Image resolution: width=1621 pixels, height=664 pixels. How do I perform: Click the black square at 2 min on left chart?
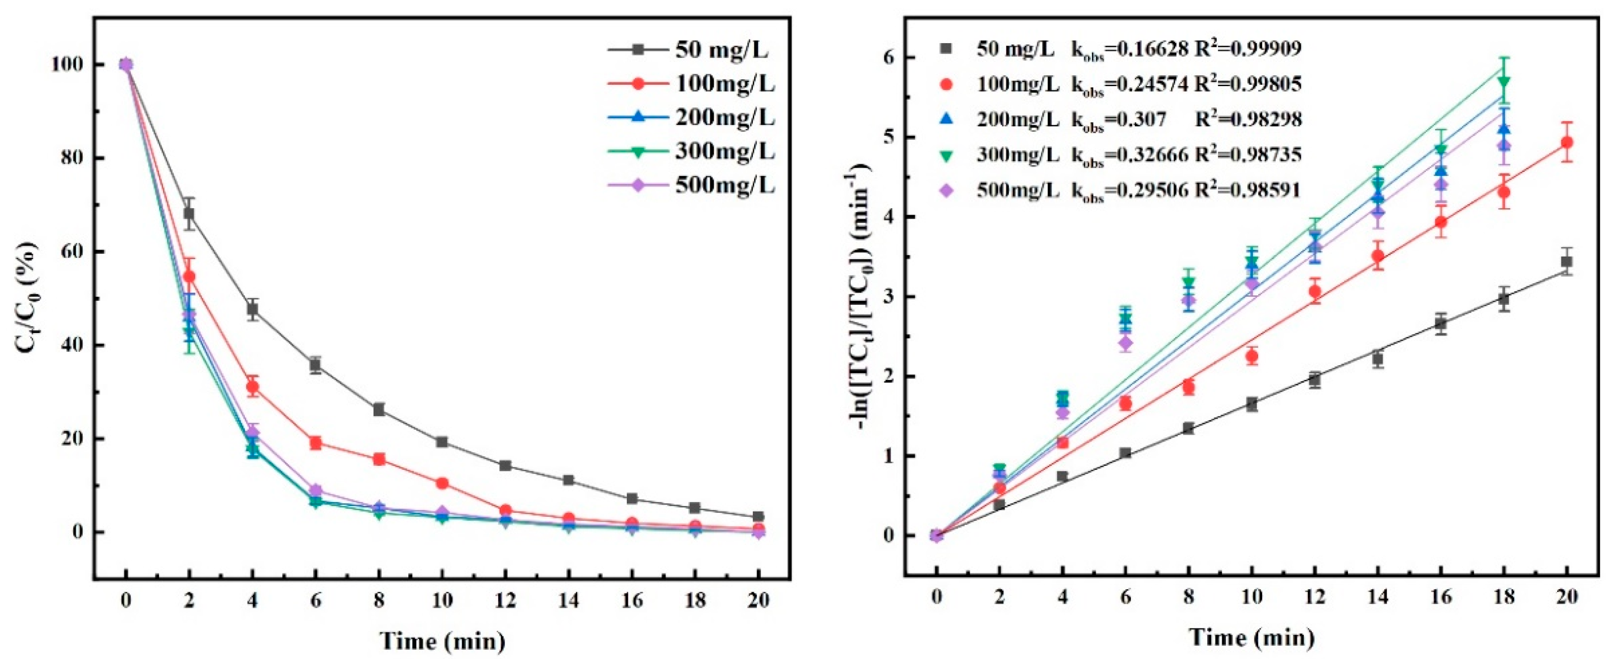coord(189,214)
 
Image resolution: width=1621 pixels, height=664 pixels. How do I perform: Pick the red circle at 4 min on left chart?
coord(252,387)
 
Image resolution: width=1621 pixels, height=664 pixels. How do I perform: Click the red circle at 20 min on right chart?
coord(1567,142)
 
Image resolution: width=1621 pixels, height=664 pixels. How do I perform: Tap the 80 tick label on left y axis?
coord(70,158)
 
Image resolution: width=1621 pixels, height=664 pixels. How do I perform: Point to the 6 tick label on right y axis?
coord(889,57)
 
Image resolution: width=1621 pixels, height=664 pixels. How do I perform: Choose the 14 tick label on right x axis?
coord(1378,596)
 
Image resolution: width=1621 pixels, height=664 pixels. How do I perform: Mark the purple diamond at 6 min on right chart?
coord(1126,343)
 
